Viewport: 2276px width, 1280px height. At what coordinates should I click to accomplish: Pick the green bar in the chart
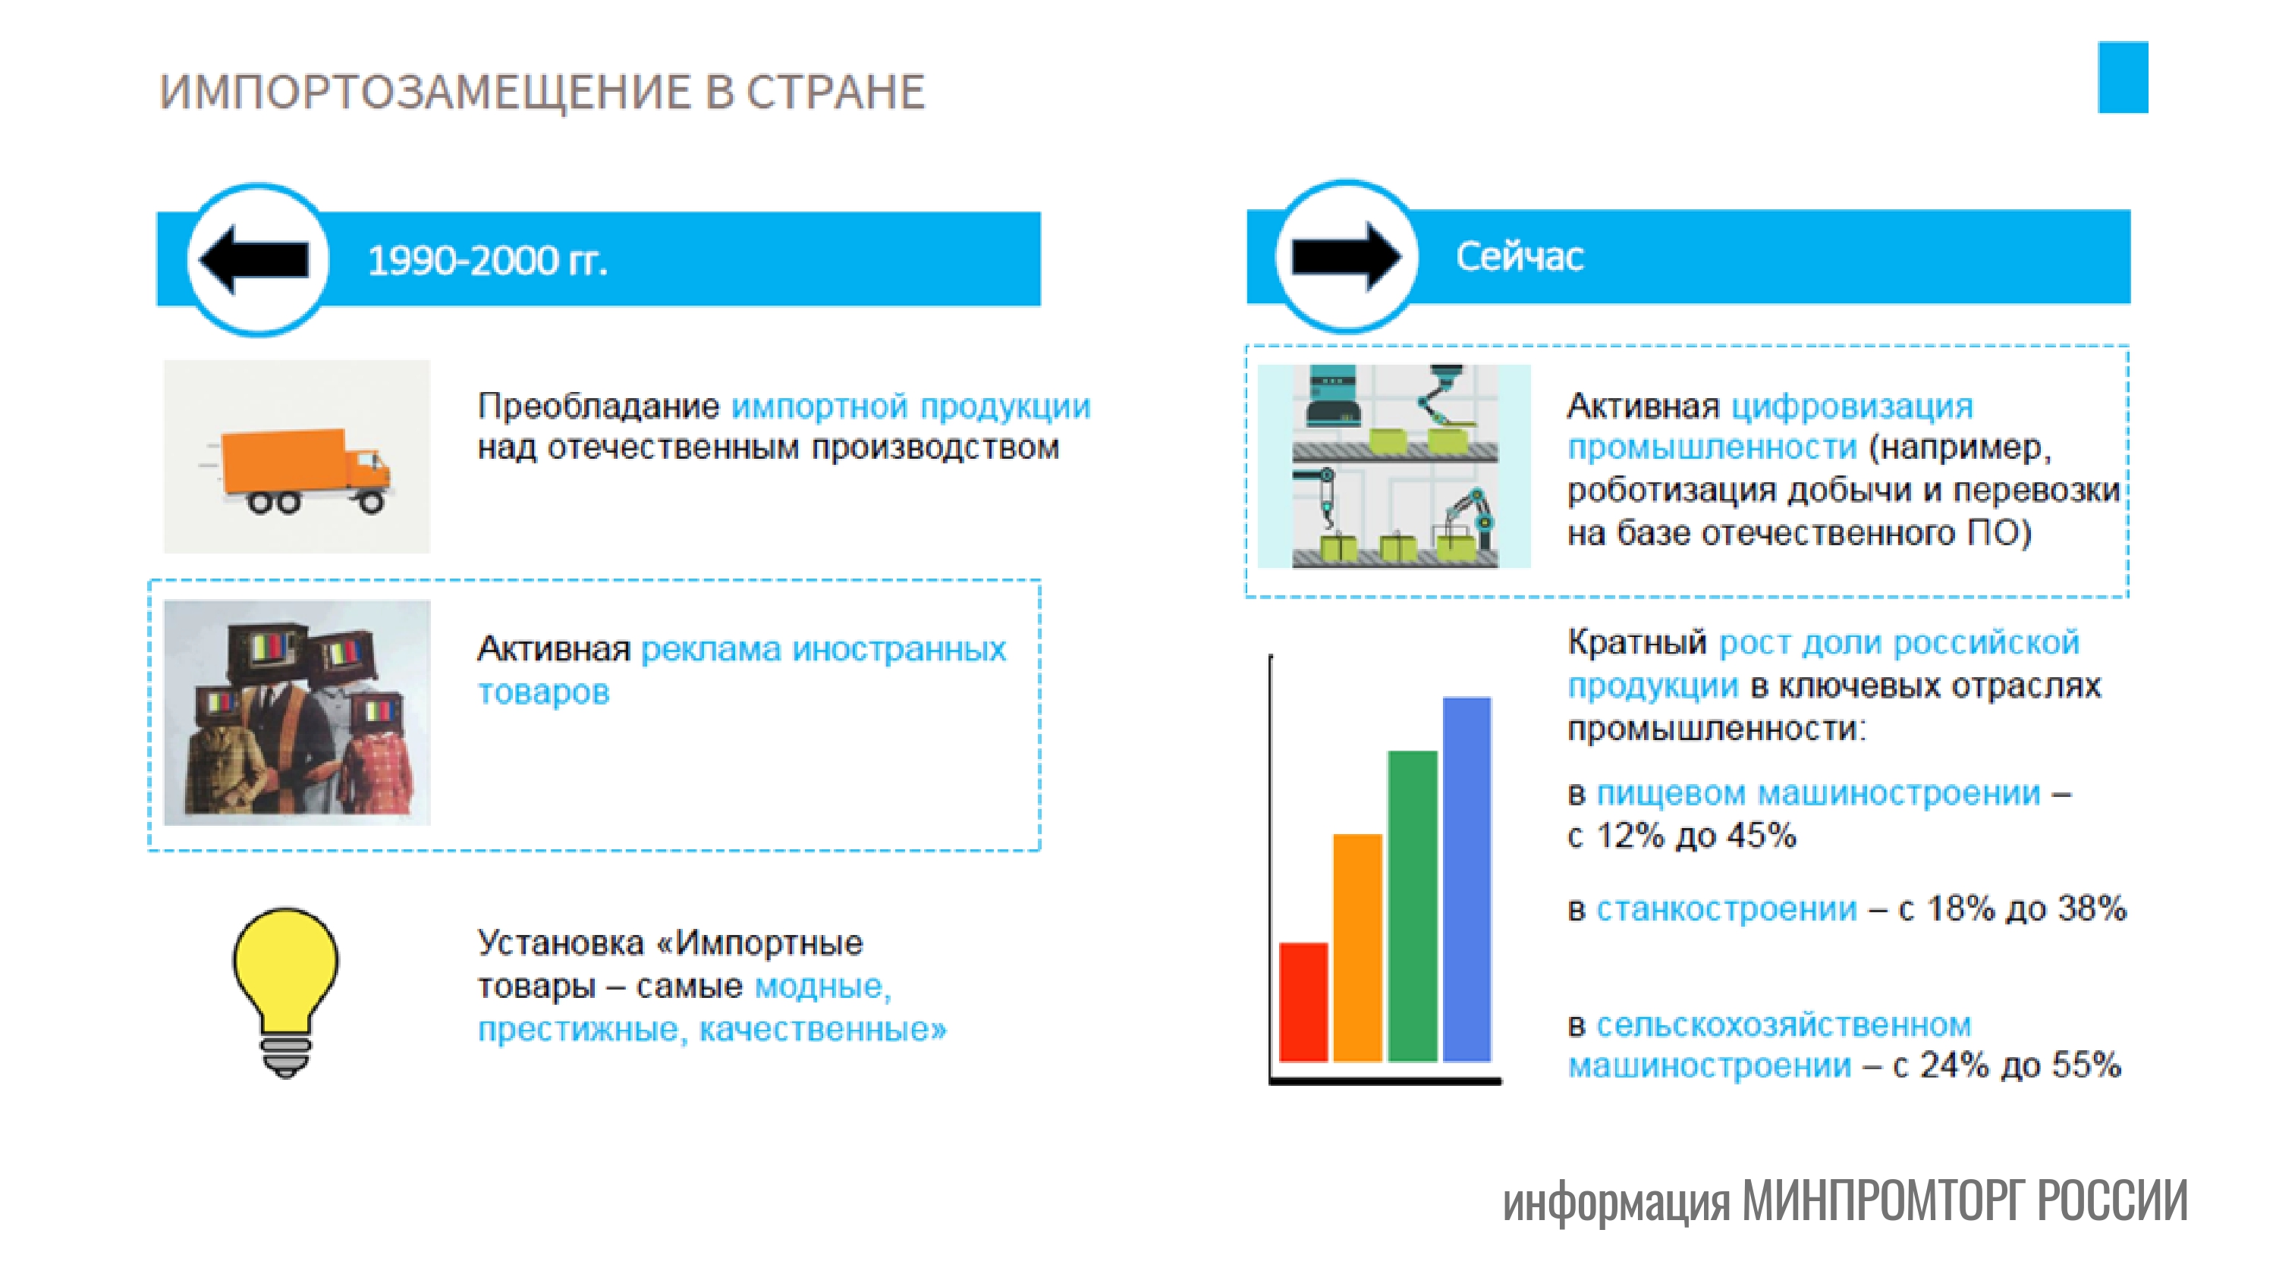pyautogui.click(x=1412, y=905)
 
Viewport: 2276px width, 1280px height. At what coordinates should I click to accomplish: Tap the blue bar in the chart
pyautogui.click(x=1467, y=878)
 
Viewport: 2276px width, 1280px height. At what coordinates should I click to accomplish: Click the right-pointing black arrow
pyautogui.click(x=1346, y=256)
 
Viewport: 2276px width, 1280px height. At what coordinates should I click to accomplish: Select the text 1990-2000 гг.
pyautogui.click(x=487, y=261)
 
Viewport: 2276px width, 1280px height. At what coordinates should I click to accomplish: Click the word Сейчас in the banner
pyautogui.click(x=1519, y=257)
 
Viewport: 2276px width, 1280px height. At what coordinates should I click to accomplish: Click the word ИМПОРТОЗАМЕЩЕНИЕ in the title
pyautogui.click(x=425, y=92)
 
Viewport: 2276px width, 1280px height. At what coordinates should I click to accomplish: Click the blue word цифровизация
pyautogui.click(x=1851, y=406)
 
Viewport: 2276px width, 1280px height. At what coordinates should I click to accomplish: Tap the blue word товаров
pyautogui.click(x=543, y=692)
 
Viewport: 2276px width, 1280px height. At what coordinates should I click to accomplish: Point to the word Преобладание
pyautogui.click(x=598, y=406)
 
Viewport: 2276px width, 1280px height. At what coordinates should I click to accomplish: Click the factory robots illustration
pyautogui.click(x=1394, y=466)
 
